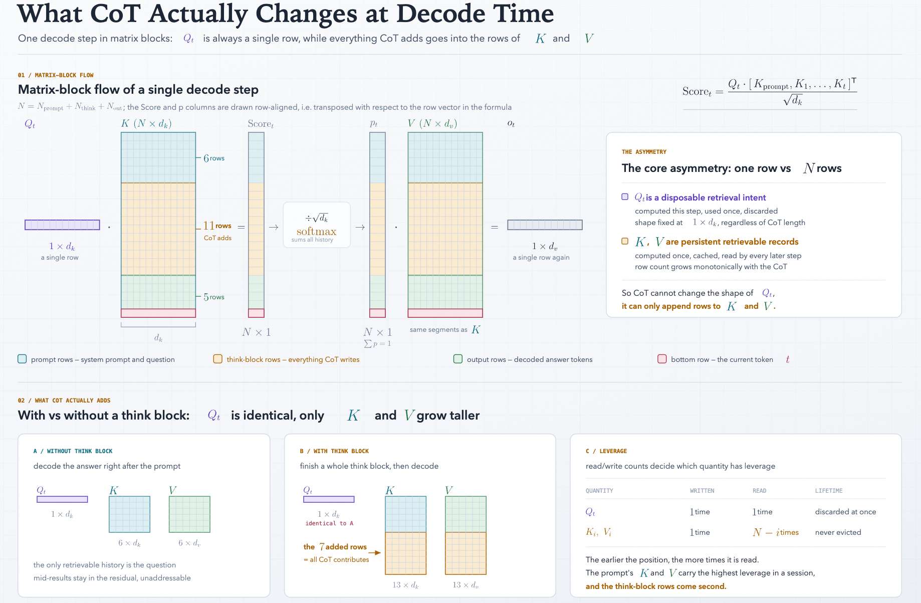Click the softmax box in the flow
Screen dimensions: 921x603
[x=317, y=225]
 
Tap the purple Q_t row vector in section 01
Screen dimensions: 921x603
[x=62, y=225]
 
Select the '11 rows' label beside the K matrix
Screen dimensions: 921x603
[x=217, y=226]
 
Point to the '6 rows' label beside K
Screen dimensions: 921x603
[x=214, y=158]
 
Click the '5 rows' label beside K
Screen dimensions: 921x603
[x=214, y=297]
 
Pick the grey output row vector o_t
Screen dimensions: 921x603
[x=545, y=225]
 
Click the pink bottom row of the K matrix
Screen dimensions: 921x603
[x=158, y=313]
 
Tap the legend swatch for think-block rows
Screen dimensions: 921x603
[x=217, y=359]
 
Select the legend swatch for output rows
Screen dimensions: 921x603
[x=457, y=359]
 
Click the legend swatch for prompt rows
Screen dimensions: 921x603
[x=22, y=359]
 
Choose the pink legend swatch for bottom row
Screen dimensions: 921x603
[x=662, y=359]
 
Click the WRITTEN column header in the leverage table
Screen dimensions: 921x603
[x=702, y=491]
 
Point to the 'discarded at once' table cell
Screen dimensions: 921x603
[x=845, y=512]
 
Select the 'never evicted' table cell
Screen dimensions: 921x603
[x=838, y=532]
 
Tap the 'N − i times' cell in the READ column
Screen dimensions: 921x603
[x=776, y=532]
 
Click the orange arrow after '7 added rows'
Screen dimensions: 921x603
[x=375, y=553]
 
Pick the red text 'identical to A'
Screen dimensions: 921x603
[x=329, y=523]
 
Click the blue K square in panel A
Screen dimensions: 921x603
[x=129, y=514]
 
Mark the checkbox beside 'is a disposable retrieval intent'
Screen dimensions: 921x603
[x=625, y=197]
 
